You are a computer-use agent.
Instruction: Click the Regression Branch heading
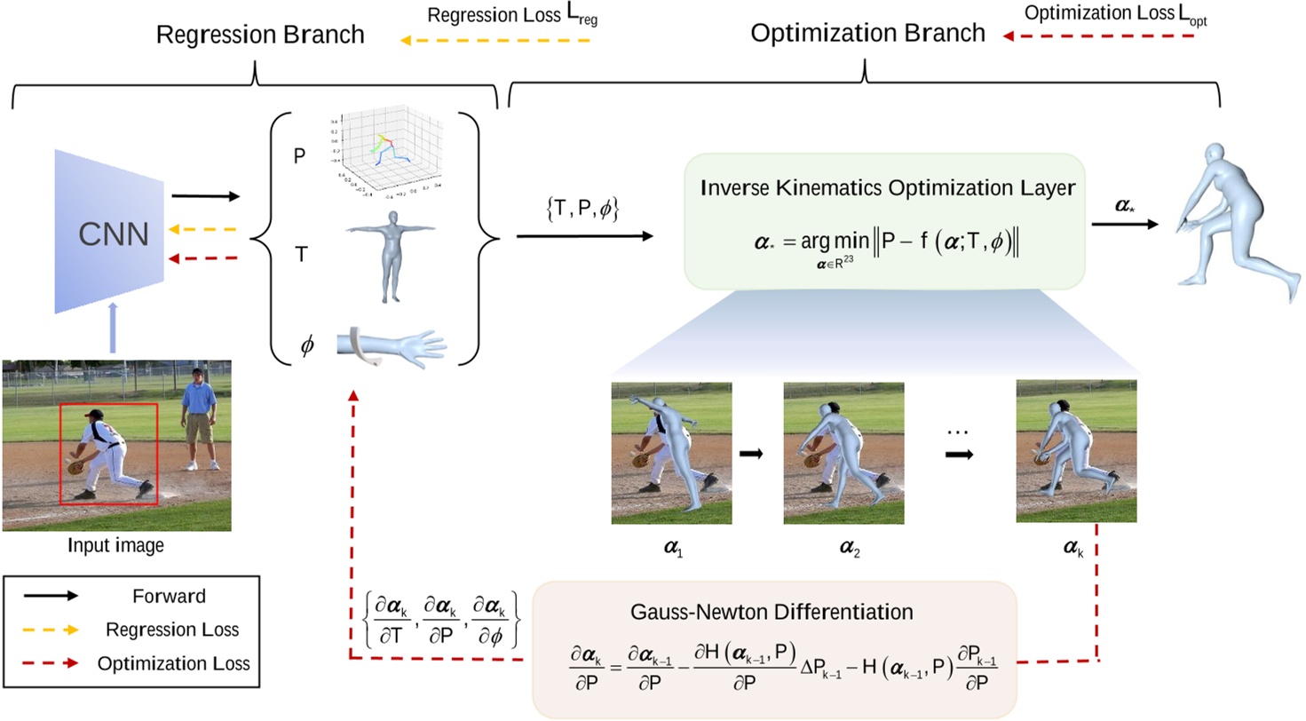260,36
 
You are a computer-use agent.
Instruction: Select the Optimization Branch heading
867,35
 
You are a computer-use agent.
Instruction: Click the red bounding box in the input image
108,454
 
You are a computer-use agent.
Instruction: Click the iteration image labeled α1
671,453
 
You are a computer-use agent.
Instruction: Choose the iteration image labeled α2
843,453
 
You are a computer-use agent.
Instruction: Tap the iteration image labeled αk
1076,453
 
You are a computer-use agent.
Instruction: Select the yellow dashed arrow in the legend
52,630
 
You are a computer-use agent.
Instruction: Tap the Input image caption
116,546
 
